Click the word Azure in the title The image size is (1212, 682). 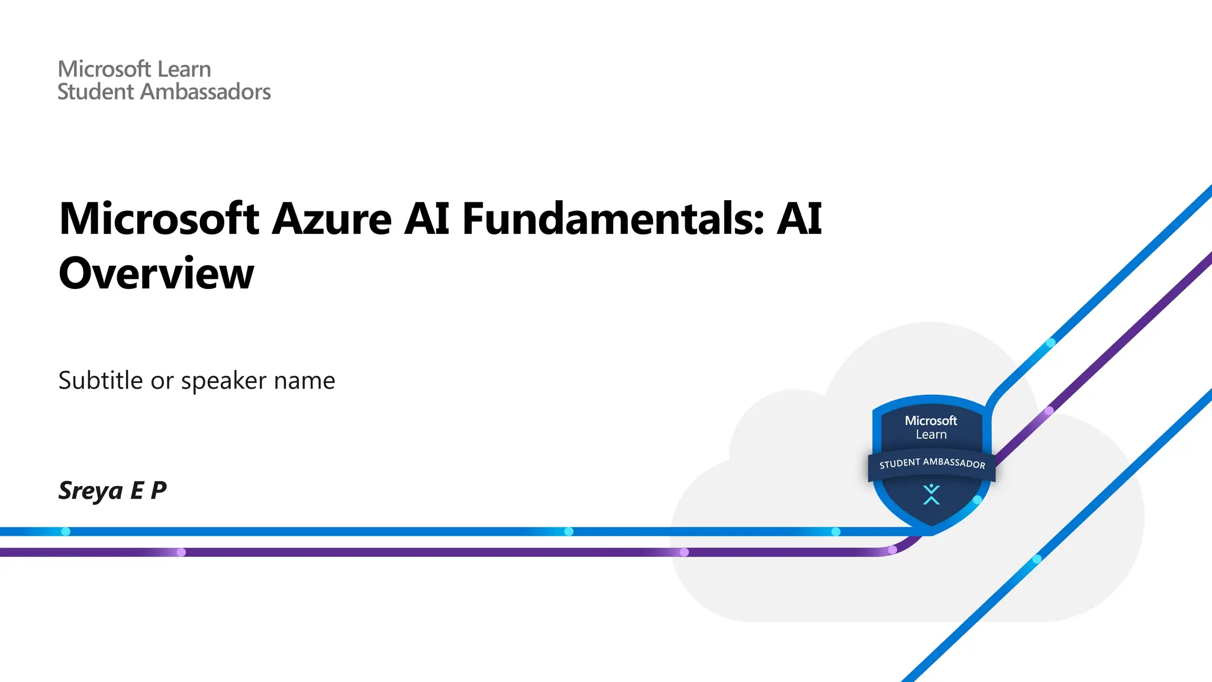click(332, 218)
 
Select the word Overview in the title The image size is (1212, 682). click(156, 274)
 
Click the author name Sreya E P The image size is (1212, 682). click(112, 490)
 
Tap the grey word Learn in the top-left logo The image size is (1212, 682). click(183, 69)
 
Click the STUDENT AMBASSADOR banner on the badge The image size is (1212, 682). click(932, 463)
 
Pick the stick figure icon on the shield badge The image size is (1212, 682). click(931, 494)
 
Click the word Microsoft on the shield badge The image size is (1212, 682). click(931, 420)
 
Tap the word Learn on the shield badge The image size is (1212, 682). click(931, 435)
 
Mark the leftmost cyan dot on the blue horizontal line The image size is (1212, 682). click(66, 532)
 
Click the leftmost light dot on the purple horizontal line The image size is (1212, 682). click(182, 552)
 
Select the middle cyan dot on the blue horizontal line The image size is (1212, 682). click(569, 532)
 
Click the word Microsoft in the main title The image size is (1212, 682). click(159, 218)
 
